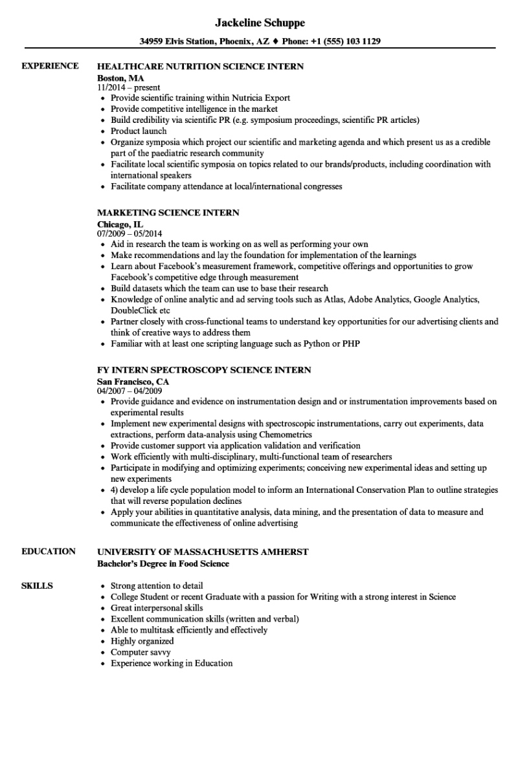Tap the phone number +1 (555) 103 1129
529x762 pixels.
(x=348, y=41)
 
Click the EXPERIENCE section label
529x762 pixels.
(x=50, y=66)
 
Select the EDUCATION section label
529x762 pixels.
(x=49, y=552)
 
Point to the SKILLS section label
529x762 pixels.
(x=38, y=586)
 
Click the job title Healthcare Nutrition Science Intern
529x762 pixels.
(x=200, y=66)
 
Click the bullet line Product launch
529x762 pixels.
(x=139, y=131)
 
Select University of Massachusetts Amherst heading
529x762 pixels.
(x=203, y=552)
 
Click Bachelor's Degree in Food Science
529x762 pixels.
(x=163, y=563)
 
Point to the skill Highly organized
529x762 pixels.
(x=142, y=641)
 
